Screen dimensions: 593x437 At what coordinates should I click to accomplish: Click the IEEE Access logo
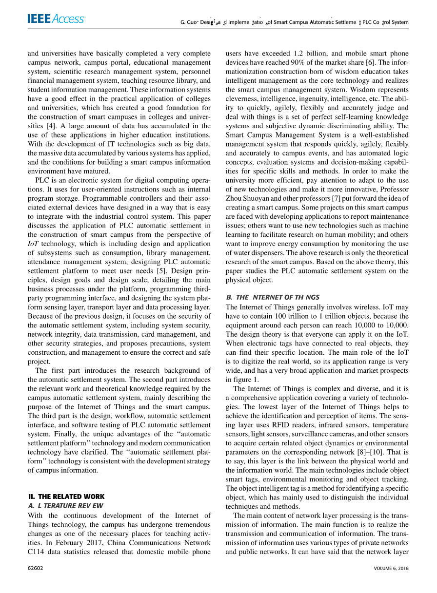pyautogui.click(x=57, y=19)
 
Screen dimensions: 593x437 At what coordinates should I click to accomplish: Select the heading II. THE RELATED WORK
pyautogui.click(x=66, y=497)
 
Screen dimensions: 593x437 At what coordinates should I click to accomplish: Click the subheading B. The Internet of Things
pyautogui.click(x=273, y=297)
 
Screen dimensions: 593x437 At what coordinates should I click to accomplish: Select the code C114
pyautogui.click(x=37, y=552)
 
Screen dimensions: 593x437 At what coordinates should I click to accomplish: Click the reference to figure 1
pyautogui.click(x=240, y=379)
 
